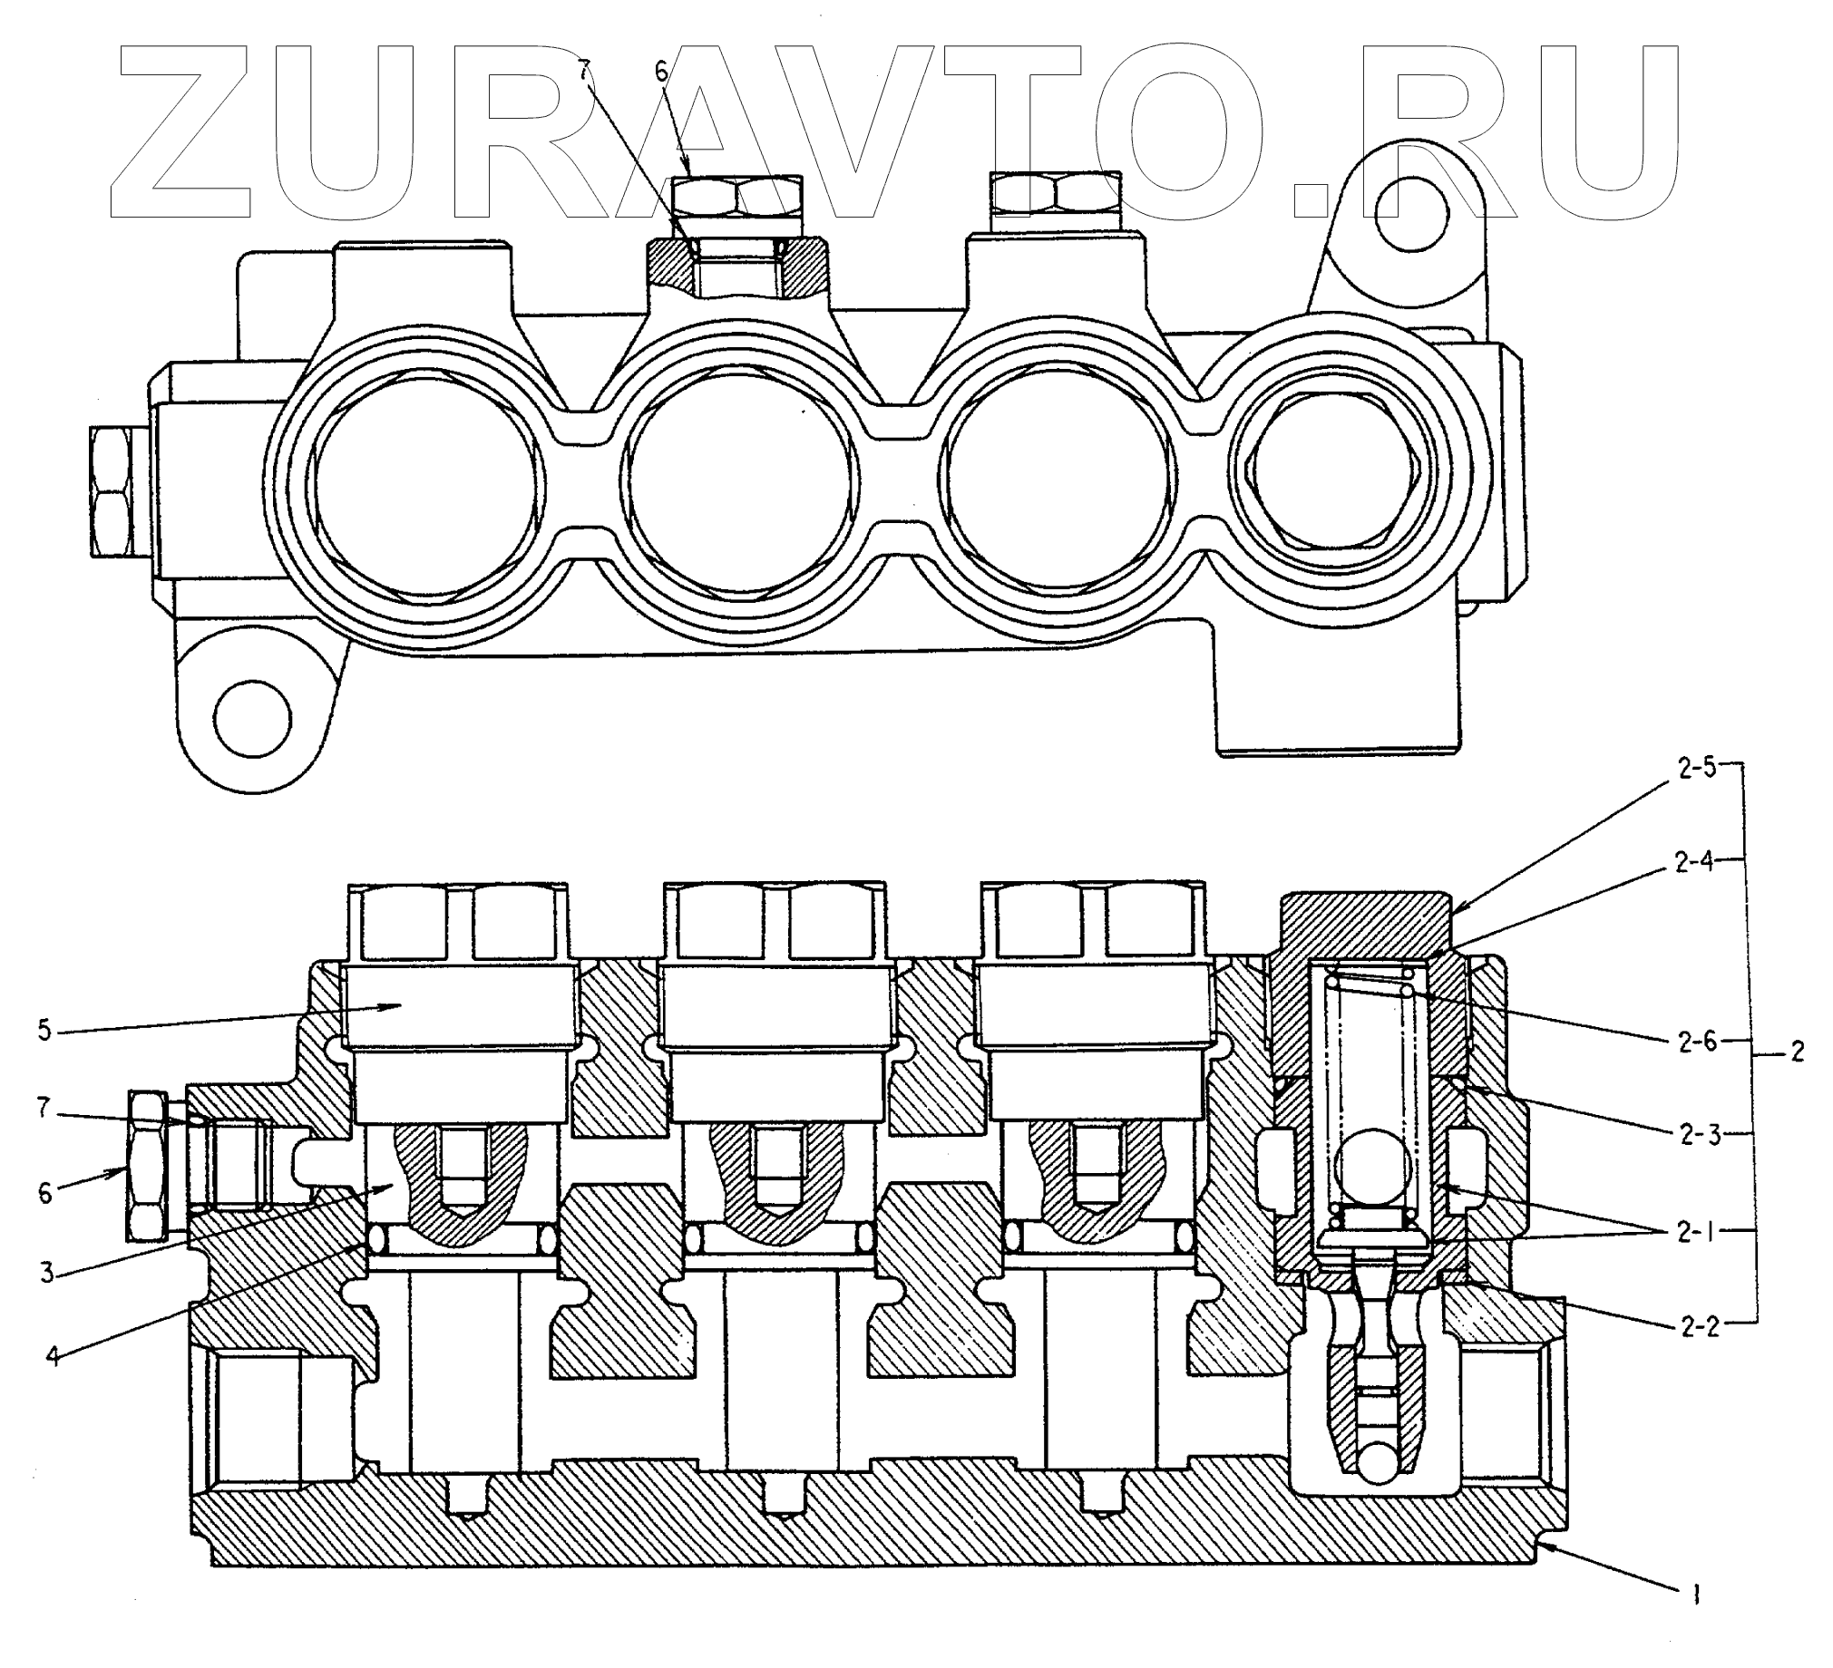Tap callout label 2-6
pos(1697,1042)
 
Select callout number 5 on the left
pos(45,1033)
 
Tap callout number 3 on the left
pos(47,1273)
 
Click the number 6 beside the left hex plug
pos(45,1192)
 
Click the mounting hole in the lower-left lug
pos(253,721)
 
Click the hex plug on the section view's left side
pos(148,1166)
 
